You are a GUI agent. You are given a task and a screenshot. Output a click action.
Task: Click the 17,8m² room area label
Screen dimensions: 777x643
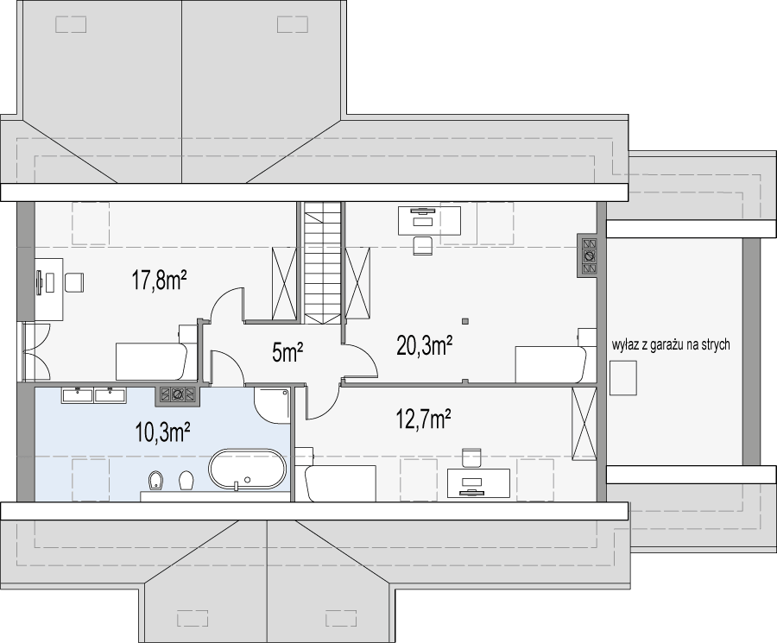coord(159,280)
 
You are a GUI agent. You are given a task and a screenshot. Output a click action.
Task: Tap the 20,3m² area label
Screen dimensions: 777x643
coord(425,345)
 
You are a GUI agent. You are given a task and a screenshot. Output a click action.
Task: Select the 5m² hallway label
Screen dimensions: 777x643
coord(287,353)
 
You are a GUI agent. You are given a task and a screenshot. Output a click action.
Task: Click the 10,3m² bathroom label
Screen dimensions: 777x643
coord(163,432)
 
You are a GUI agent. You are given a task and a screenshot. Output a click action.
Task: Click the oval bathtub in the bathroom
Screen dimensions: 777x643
coord(248,470)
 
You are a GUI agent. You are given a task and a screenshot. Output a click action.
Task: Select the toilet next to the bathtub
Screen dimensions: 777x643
coord(186,481)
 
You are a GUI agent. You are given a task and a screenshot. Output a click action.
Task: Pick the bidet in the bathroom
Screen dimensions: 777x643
coord(155,481)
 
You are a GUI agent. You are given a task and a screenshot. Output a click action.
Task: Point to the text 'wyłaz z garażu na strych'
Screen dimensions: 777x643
coord(671,344)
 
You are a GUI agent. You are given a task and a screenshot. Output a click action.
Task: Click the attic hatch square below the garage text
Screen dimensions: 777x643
coord(622,378)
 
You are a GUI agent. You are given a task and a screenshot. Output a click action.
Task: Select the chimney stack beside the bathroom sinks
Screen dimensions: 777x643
coord(177,394)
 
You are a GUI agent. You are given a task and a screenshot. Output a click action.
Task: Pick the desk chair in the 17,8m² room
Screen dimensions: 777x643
coord(74,282)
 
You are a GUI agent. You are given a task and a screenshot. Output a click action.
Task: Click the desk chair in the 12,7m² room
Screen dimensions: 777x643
coord(471,458)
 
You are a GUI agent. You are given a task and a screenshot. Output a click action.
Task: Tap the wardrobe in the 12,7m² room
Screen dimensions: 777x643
coord(584,424)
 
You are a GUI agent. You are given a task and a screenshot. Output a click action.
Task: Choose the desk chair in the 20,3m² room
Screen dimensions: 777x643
coord(423,246)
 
